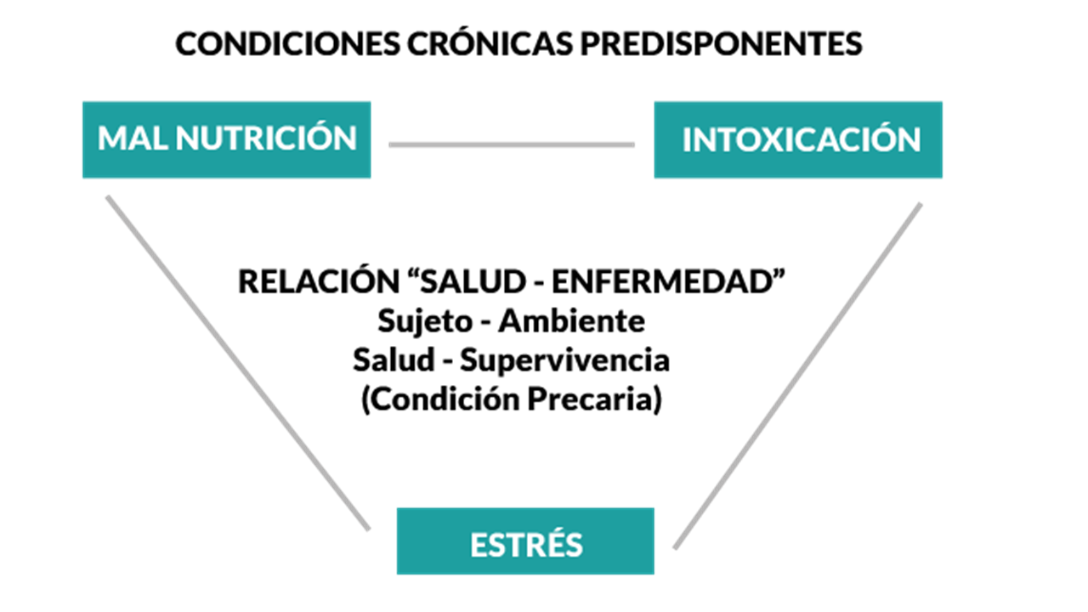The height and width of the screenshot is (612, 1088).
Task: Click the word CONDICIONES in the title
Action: pos(287,43)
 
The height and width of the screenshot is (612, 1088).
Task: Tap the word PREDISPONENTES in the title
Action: pos(722,43)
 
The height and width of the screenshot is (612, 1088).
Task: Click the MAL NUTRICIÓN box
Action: pos(227,140)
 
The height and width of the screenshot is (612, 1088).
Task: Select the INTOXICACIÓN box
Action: pos(798,140)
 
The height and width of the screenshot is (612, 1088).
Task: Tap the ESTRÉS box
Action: pos(525,541)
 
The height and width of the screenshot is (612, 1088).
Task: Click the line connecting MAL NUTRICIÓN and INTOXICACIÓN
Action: pos(512,144)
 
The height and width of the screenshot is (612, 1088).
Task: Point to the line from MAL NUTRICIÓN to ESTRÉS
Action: pos(238,363)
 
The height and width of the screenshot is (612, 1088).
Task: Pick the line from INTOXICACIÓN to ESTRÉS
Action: pos(797,376)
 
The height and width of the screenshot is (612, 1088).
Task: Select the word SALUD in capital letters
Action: pos(473,281)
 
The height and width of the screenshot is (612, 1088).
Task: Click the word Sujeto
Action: pos(426,322)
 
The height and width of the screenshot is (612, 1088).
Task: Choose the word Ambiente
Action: pos(572,321)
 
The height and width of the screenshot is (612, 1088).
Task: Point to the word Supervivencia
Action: pos(565,361)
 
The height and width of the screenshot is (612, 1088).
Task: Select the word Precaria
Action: pos(594,399)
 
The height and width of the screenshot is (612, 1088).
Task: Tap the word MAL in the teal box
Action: pos(133,138)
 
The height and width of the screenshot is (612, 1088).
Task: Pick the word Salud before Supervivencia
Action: pos(394,360)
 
